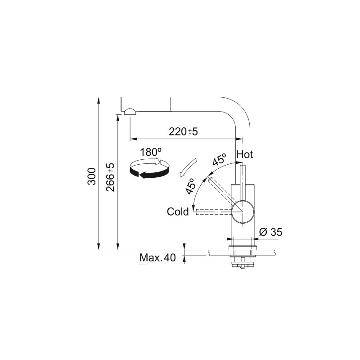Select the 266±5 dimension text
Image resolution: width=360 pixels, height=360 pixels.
coord(111,177)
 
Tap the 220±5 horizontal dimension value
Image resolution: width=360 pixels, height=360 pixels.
coord(184,131)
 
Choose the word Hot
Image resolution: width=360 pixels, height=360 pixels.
coord(245,154)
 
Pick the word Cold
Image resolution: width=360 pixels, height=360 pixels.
coord(178,211)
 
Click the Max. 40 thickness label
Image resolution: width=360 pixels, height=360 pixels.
coord(157,258)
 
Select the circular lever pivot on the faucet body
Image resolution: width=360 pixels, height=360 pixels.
coord(243,211)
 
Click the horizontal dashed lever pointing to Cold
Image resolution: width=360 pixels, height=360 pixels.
coord(213,211)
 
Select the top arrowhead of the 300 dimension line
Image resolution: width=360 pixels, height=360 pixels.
coord(99,99)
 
